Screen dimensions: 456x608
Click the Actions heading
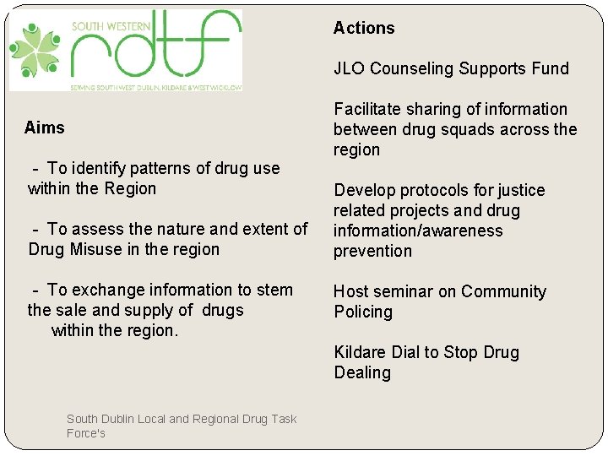(x=364, y=28)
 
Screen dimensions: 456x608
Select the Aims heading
(x=45, y=128)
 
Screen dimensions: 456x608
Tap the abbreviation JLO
(x=349, y=68)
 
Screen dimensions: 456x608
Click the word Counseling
(x=409, y=68)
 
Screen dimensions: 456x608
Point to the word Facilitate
(x=366, y=109)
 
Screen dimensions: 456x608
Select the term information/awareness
(x=418, y=231)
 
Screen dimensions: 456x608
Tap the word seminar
(x=401, y=291)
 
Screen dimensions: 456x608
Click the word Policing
(x=363, y=312)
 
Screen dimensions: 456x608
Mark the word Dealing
(x=362, y=372)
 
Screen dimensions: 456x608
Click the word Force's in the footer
(x=86, y=433)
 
